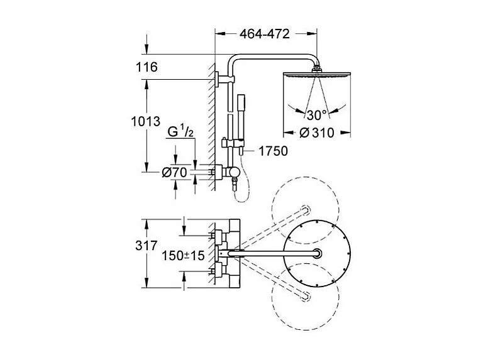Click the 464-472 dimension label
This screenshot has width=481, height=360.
(264, 35)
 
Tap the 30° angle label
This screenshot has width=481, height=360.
(317, 115)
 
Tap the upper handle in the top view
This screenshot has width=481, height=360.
(221, 236)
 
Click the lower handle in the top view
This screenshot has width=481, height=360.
(221, 271)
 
